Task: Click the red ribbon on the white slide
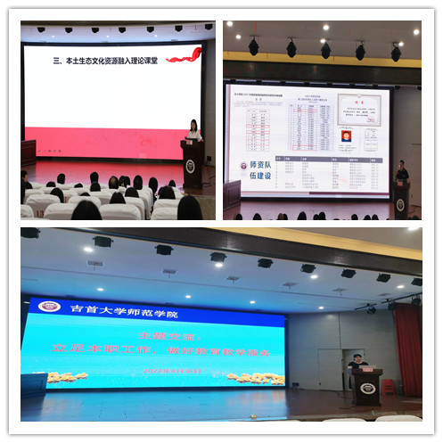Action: [x=184, y=55]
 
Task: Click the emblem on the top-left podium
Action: [x=190, y=167]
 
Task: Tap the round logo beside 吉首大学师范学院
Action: [x=48, y=308]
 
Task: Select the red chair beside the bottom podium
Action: [x=388, y=388]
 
